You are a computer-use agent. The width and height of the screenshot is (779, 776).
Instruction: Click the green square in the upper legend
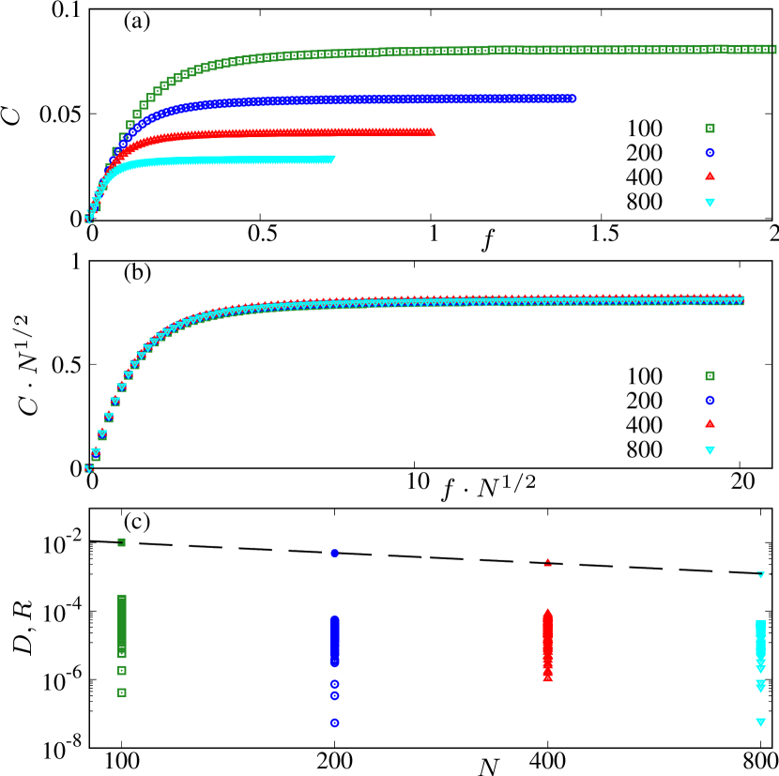click(710, 128)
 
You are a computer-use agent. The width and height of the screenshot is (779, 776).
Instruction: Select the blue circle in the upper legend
click(710, 152)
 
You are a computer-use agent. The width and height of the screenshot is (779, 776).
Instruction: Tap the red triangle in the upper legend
click(710, 175)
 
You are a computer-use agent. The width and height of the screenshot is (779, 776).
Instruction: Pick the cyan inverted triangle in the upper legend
click(710, 202)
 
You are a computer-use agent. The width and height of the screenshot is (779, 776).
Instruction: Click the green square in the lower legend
click(710, 375)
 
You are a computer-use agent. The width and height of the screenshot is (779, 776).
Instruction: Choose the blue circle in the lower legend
click(710, 400)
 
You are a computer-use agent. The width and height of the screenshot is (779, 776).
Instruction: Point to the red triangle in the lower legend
click(710, 423)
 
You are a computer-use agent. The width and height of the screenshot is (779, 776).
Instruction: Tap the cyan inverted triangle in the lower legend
click(710, 449)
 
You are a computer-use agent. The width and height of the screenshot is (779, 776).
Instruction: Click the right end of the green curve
click(771, 48)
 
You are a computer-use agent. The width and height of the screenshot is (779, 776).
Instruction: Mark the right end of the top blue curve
click(572, 98)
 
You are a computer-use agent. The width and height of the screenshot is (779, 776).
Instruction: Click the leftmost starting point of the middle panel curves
click(88, 468)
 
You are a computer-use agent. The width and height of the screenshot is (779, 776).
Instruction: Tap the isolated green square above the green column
click(121, 541)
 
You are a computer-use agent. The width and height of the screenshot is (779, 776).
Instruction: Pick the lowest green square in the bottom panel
click(121, 692)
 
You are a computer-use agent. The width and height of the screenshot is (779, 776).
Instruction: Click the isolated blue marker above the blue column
click(334, 553)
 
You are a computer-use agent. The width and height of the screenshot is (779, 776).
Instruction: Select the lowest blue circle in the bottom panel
click(334, 723)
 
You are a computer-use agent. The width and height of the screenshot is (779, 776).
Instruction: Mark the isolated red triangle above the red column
click(547, 563)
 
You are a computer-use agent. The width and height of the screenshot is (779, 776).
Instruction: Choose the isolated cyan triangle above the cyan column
click(760, 574)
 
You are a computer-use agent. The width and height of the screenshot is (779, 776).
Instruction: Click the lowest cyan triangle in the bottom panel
click(760, 723)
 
